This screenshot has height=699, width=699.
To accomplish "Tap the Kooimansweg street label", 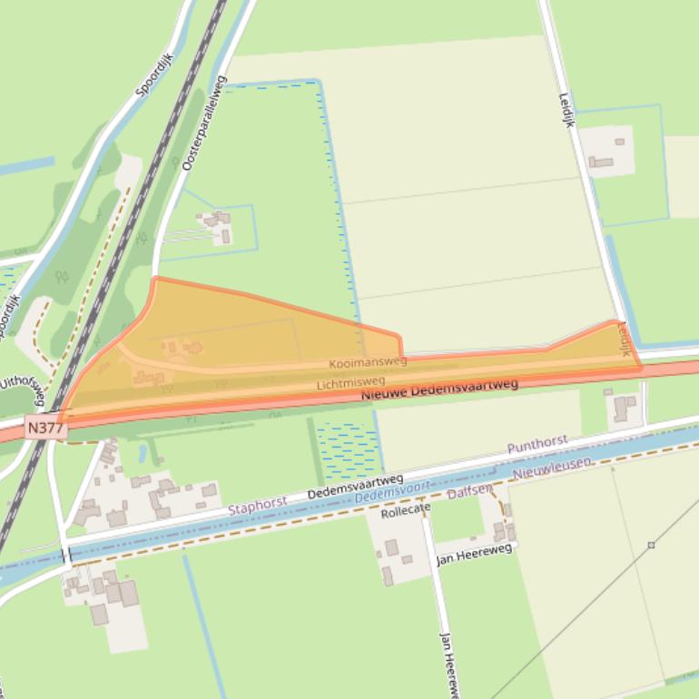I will [x=368, y=362].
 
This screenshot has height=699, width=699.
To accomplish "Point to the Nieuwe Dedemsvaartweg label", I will [x=439, y=390].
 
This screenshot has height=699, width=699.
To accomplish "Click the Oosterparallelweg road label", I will [x=202, y=123].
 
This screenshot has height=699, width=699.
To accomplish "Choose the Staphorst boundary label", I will [x=257, y=503].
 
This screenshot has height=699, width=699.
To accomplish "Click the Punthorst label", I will [x=537, y=444].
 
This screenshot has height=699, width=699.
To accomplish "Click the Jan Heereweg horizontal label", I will [x=474, y=553].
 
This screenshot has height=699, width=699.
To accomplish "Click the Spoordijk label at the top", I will [x=154, y=74].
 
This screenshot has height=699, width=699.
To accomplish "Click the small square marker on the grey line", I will [x=651, y=545].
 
